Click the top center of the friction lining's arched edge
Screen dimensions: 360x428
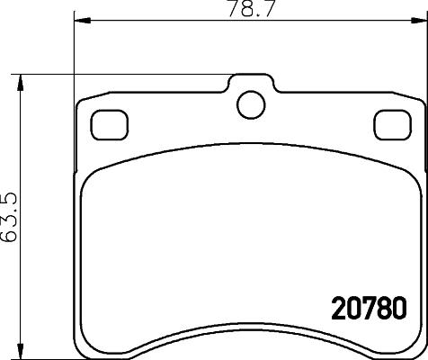click(249, 163)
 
